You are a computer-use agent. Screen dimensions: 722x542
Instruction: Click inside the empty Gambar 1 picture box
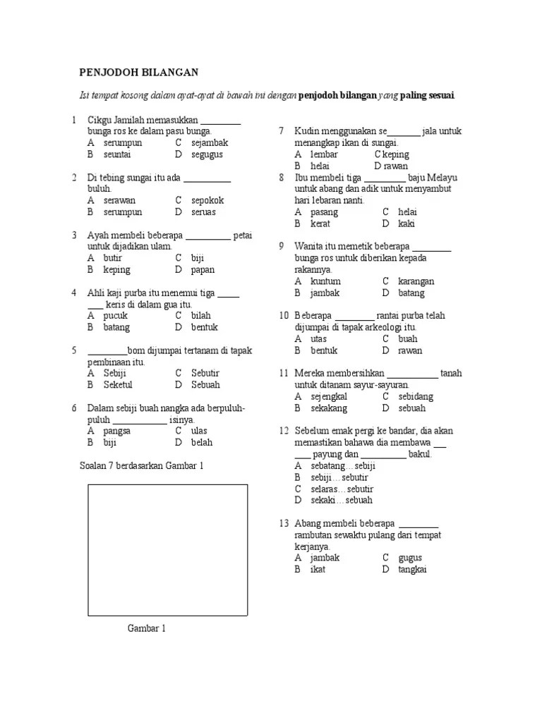point(167,549)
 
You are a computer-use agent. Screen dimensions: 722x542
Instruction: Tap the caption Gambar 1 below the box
point(146,628)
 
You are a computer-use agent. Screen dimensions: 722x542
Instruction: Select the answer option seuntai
point(117,154)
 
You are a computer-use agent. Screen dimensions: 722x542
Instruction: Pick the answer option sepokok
point(207,200)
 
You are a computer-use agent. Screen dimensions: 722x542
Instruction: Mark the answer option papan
point(203,269)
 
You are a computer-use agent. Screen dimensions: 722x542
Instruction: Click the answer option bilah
point(200,315)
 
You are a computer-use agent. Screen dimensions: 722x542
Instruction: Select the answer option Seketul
point(118,385)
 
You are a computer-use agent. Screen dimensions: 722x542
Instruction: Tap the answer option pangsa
point(117,431)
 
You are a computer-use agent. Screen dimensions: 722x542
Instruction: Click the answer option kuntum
point(325,281)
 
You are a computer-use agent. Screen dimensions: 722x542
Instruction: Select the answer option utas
point(318,339)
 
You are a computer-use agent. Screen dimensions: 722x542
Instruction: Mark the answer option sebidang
point(416,396)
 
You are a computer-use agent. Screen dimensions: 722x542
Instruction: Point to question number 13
point(284,523)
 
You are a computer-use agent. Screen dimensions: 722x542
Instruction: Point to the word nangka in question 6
point(161,408)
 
